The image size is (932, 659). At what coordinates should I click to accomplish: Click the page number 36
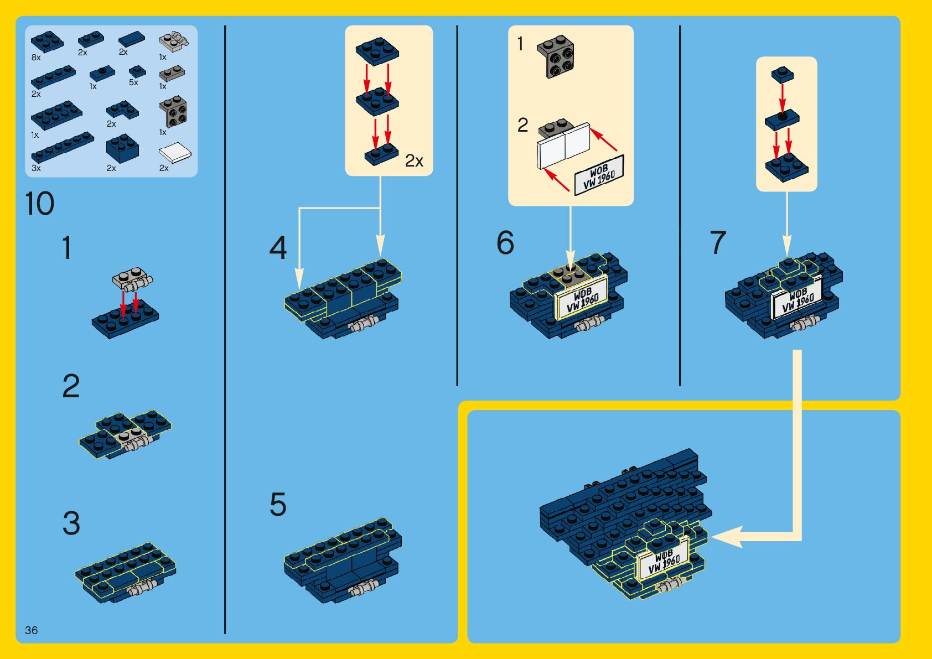(x=32, y=630)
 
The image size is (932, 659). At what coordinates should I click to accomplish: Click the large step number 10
(x=40, y=204)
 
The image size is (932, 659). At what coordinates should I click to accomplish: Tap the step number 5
(x=278, y=505)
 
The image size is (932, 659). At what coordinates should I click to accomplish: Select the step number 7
(x=718, y=242)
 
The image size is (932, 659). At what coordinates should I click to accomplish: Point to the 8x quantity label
(x=36, y=58)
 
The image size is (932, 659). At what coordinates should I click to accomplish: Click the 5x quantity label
(x=133, y=82)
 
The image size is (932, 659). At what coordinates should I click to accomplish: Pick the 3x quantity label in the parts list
(x=36, y=168)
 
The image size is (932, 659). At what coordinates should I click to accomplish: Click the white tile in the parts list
(x=175, y=153)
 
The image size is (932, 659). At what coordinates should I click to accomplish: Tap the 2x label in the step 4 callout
(x=414, y=161)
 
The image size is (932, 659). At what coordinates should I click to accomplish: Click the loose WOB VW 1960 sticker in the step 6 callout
(x=599, y=175)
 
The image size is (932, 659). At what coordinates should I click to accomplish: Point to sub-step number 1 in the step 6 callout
(x=520, y=44)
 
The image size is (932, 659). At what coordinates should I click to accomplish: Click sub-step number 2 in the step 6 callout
(x=522, y=125)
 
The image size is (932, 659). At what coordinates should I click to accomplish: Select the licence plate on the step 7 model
(x=797, y=300)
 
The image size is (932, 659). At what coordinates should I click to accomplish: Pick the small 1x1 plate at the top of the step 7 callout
(x=783, y=74)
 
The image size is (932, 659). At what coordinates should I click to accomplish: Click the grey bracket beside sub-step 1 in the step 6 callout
(x=556, y=56)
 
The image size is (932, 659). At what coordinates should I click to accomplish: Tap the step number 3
(x=71, y=523)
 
